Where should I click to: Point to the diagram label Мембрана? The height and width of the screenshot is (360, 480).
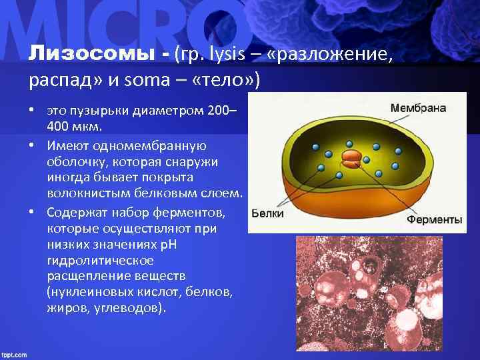coord(418,107)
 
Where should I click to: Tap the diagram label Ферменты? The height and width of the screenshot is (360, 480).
coord(435,218)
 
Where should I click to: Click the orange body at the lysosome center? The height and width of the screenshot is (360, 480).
coord(351,157)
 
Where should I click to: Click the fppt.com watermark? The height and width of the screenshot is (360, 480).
coord(15,354)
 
